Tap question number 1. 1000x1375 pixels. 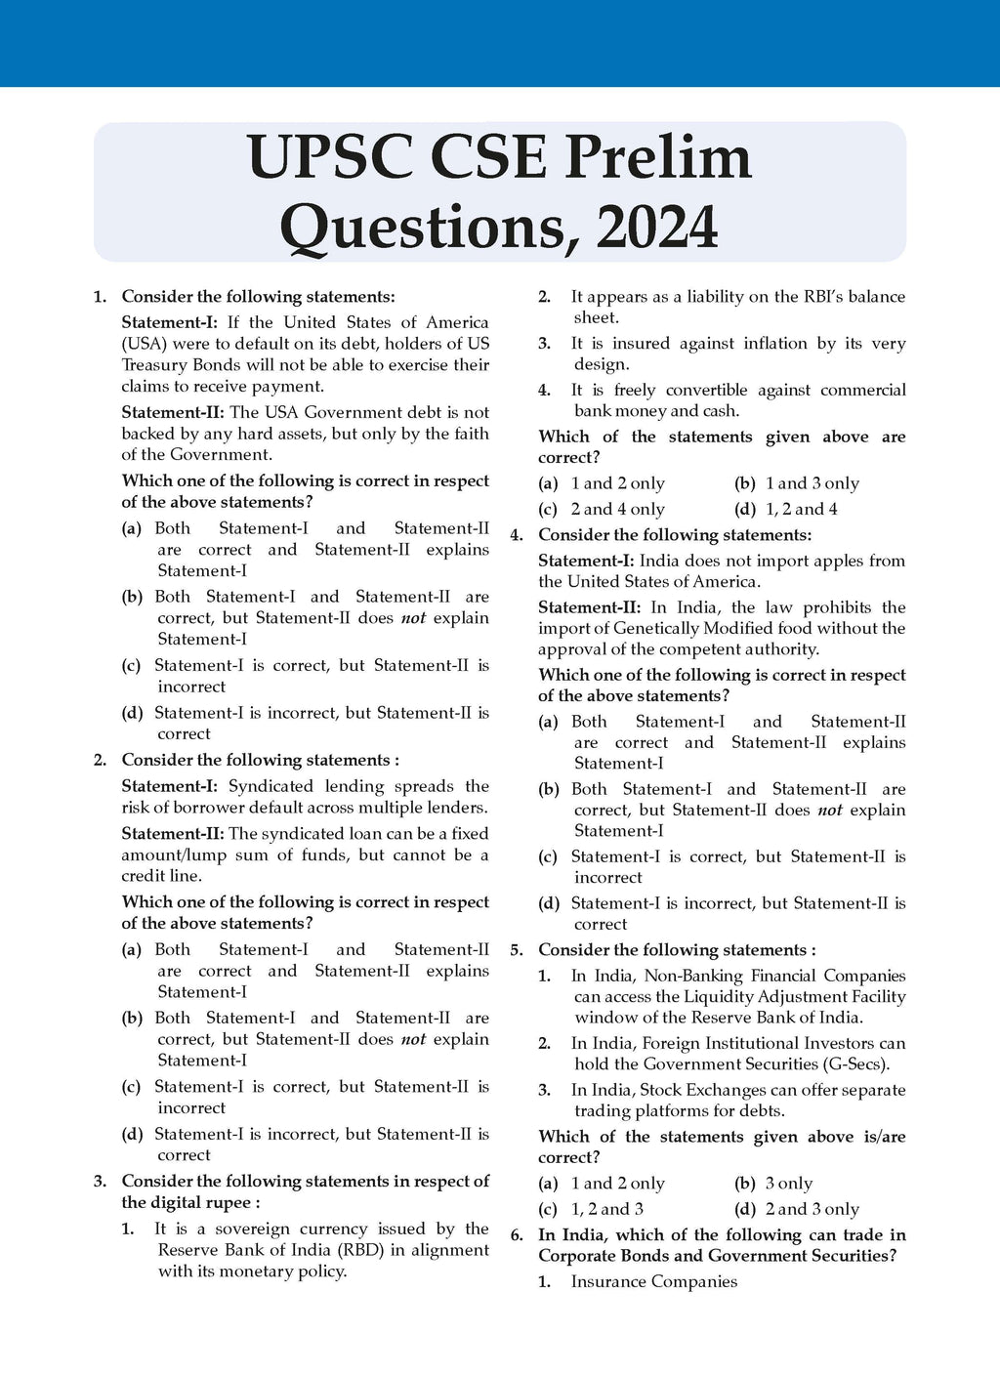(x=99, y=297)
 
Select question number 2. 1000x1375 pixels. (x=99, y=760)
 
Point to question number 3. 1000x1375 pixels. (x=99, y=1182)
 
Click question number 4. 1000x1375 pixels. (x=517, y=535)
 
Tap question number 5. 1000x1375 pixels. (x=517, y=950)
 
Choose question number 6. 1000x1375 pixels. (x=517, y=1235)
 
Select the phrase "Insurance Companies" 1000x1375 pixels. (x=653, y=1281)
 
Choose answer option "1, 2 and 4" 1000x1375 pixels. (x=801, y=509)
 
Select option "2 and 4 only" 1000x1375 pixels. (x=617, y=509)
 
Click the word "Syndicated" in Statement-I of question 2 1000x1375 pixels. (x=272, y=786)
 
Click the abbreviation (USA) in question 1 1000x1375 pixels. (x=145, y=344)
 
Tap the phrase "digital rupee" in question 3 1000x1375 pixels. (x=204, y=1203)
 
